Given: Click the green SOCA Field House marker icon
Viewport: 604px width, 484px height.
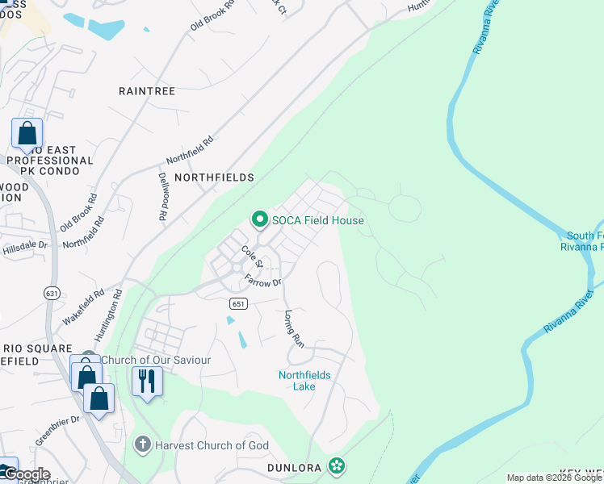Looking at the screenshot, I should tap(259, 219).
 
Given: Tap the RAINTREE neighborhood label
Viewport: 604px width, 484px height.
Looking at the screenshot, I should tap(147, 91).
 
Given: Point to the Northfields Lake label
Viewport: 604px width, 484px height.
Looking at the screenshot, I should tap(304, 381).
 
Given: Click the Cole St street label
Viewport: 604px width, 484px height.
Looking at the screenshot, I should tap(252, 258).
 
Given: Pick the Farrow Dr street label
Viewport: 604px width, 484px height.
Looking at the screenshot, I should tap(263, 282).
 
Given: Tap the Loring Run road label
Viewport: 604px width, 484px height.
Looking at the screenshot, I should tap(294, 329).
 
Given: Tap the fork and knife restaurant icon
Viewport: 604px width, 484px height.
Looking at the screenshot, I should tap(146, 380).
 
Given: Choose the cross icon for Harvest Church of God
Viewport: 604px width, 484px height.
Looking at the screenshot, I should tap(142, 444).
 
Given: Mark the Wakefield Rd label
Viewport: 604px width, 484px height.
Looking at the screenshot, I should tap(84, 307).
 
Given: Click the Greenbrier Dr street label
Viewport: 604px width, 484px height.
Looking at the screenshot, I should tap(57, 431).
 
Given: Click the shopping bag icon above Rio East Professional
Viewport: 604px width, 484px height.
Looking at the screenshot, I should tap(27, 133).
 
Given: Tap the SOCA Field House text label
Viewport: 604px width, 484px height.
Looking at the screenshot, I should tap(318, 220).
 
